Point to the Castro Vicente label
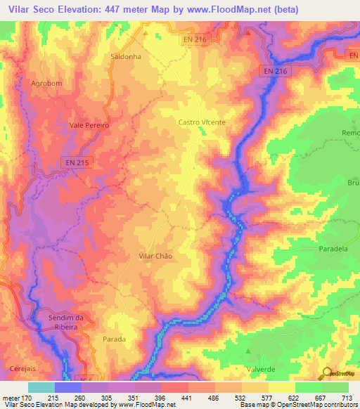click(x=202, y=122)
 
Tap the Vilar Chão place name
click(x=155, y=257)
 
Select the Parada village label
click(x=115, y=339)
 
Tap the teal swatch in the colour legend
click(x=41, y=387)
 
